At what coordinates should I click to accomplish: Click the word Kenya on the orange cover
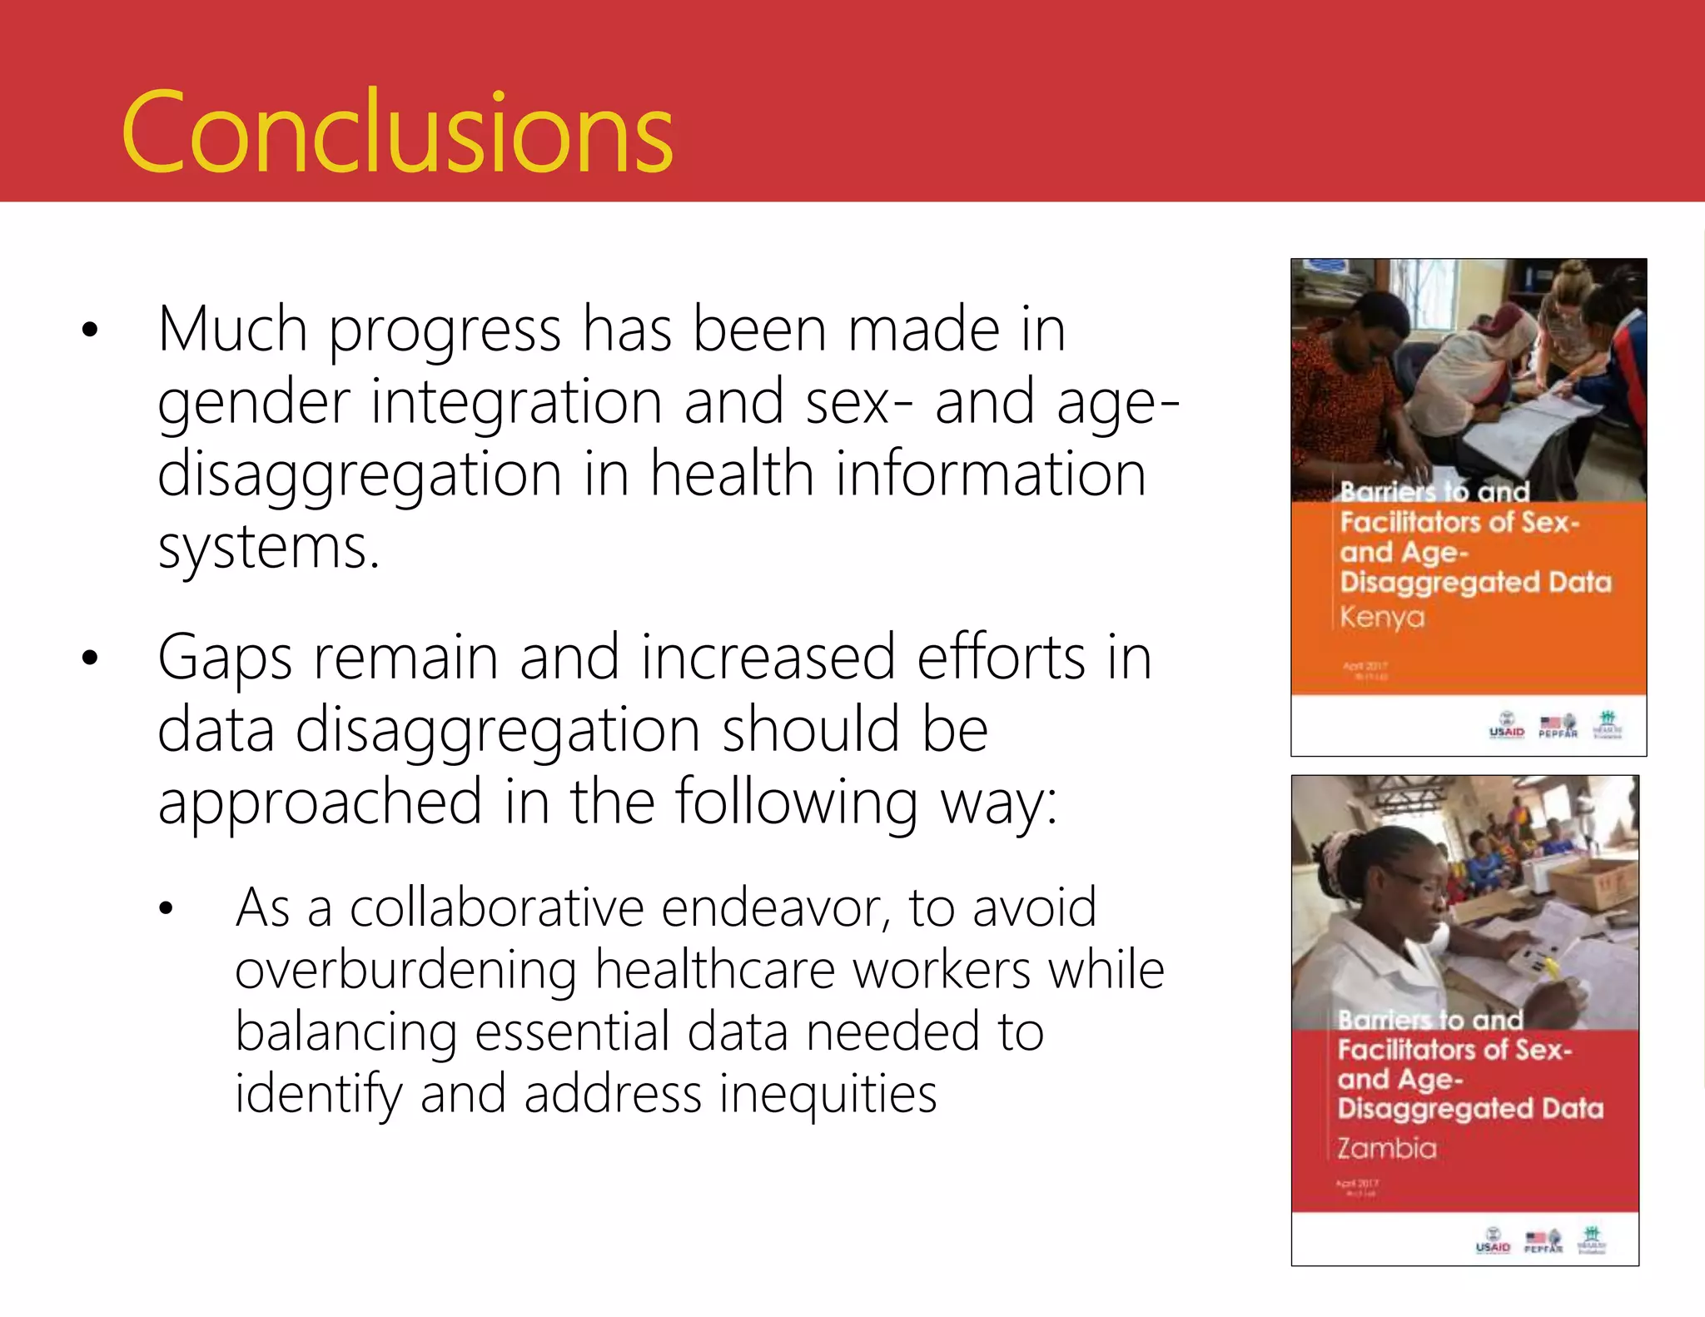pos(1382,618)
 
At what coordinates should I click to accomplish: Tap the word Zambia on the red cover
pos(1387,1148)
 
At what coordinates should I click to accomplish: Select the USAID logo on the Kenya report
pos(1506,726)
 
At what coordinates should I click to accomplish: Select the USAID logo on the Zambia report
pos(1493,1241)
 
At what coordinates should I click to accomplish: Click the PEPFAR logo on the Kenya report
pos(1558,726)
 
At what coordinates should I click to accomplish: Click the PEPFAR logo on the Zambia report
pos(1543,1241)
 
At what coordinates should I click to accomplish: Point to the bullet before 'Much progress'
pos(90,330)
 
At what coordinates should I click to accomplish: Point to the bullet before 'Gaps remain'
pos(90,658)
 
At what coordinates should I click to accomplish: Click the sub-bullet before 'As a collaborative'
pos(166,909)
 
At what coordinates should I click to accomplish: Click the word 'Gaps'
pos(225,658)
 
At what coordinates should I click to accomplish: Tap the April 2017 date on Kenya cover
pos(1365,666)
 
